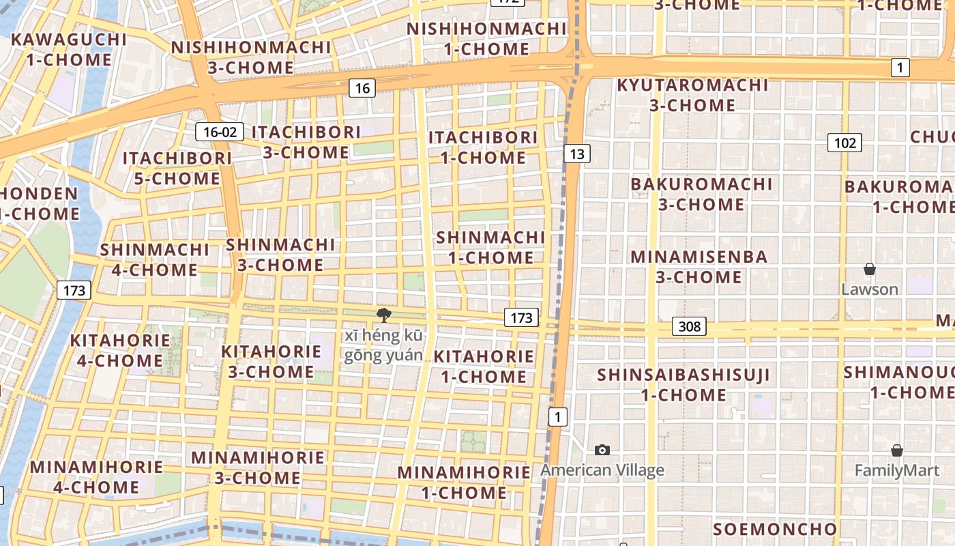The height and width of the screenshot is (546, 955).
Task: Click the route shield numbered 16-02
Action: (220, 132)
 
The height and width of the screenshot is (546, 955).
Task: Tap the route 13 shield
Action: (576, 154)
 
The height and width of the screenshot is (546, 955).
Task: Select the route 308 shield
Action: (689, 326)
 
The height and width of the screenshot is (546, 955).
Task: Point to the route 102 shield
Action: (844, 143)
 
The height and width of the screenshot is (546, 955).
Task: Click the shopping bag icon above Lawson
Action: (870, 270)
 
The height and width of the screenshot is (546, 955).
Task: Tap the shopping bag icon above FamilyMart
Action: (897, 451)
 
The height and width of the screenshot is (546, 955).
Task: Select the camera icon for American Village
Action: (602, 450)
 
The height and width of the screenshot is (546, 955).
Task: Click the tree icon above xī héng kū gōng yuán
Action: (383, 315)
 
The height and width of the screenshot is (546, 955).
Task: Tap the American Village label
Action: (602, 470)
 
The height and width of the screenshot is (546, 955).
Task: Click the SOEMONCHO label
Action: (775, 529)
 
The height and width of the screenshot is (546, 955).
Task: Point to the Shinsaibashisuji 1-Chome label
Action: (684, 385)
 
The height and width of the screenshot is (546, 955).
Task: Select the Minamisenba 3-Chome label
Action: (699, 267)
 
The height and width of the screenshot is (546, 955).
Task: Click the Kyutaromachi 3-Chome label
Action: (692, 96)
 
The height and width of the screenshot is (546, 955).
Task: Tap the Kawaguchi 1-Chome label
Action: (69, 49)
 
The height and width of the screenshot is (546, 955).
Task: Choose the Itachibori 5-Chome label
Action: (177, 169)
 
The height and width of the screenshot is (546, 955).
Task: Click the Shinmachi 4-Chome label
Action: (155, 259)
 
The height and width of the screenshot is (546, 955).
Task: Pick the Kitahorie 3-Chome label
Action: (271, 362)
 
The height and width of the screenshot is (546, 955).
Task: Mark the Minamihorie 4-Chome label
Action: (96, 477)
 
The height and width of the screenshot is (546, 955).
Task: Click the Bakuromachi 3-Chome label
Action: (701, 194)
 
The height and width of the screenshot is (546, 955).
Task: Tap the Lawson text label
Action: (869, 289)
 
